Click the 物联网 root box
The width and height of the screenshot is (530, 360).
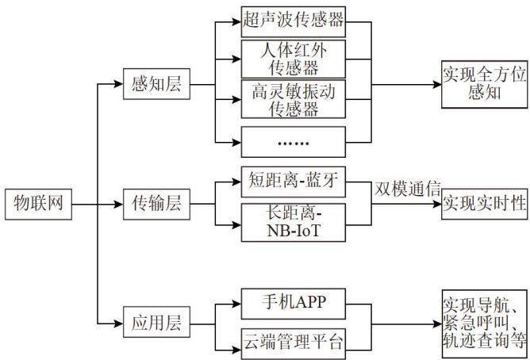click(38, 205)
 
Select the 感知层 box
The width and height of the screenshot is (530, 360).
click(156, 84)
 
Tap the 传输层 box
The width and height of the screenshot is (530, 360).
click(156, 205)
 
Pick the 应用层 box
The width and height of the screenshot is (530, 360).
click(156, 322)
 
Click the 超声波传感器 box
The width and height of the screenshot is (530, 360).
click(294, 21)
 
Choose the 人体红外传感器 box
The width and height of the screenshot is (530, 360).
click(294, 59)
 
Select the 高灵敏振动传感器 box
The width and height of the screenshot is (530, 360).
click(294, 99)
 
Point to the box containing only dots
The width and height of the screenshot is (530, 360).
click(294, 142)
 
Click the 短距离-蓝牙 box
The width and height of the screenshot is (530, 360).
click(294, 182)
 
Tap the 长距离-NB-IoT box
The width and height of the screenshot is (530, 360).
click(294, 223)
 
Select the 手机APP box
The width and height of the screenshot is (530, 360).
click(294, 304)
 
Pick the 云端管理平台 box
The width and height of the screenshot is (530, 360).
click(294, 343)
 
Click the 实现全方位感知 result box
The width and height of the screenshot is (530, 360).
click(484, 84)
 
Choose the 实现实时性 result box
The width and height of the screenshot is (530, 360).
click(484, 204)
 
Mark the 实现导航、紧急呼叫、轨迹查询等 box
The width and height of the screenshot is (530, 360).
click(484, 324)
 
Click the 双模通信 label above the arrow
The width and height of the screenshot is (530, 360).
click(408, 189)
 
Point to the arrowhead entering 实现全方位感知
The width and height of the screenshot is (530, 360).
click(437, 84)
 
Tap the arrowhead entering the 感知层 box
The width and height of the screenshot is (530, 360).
click(119, 84)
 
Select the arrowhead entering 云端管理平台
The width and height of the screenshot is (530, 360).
click(236, 350)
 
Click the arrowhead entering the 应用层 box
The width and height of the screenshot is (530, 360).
click(119, 324)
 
